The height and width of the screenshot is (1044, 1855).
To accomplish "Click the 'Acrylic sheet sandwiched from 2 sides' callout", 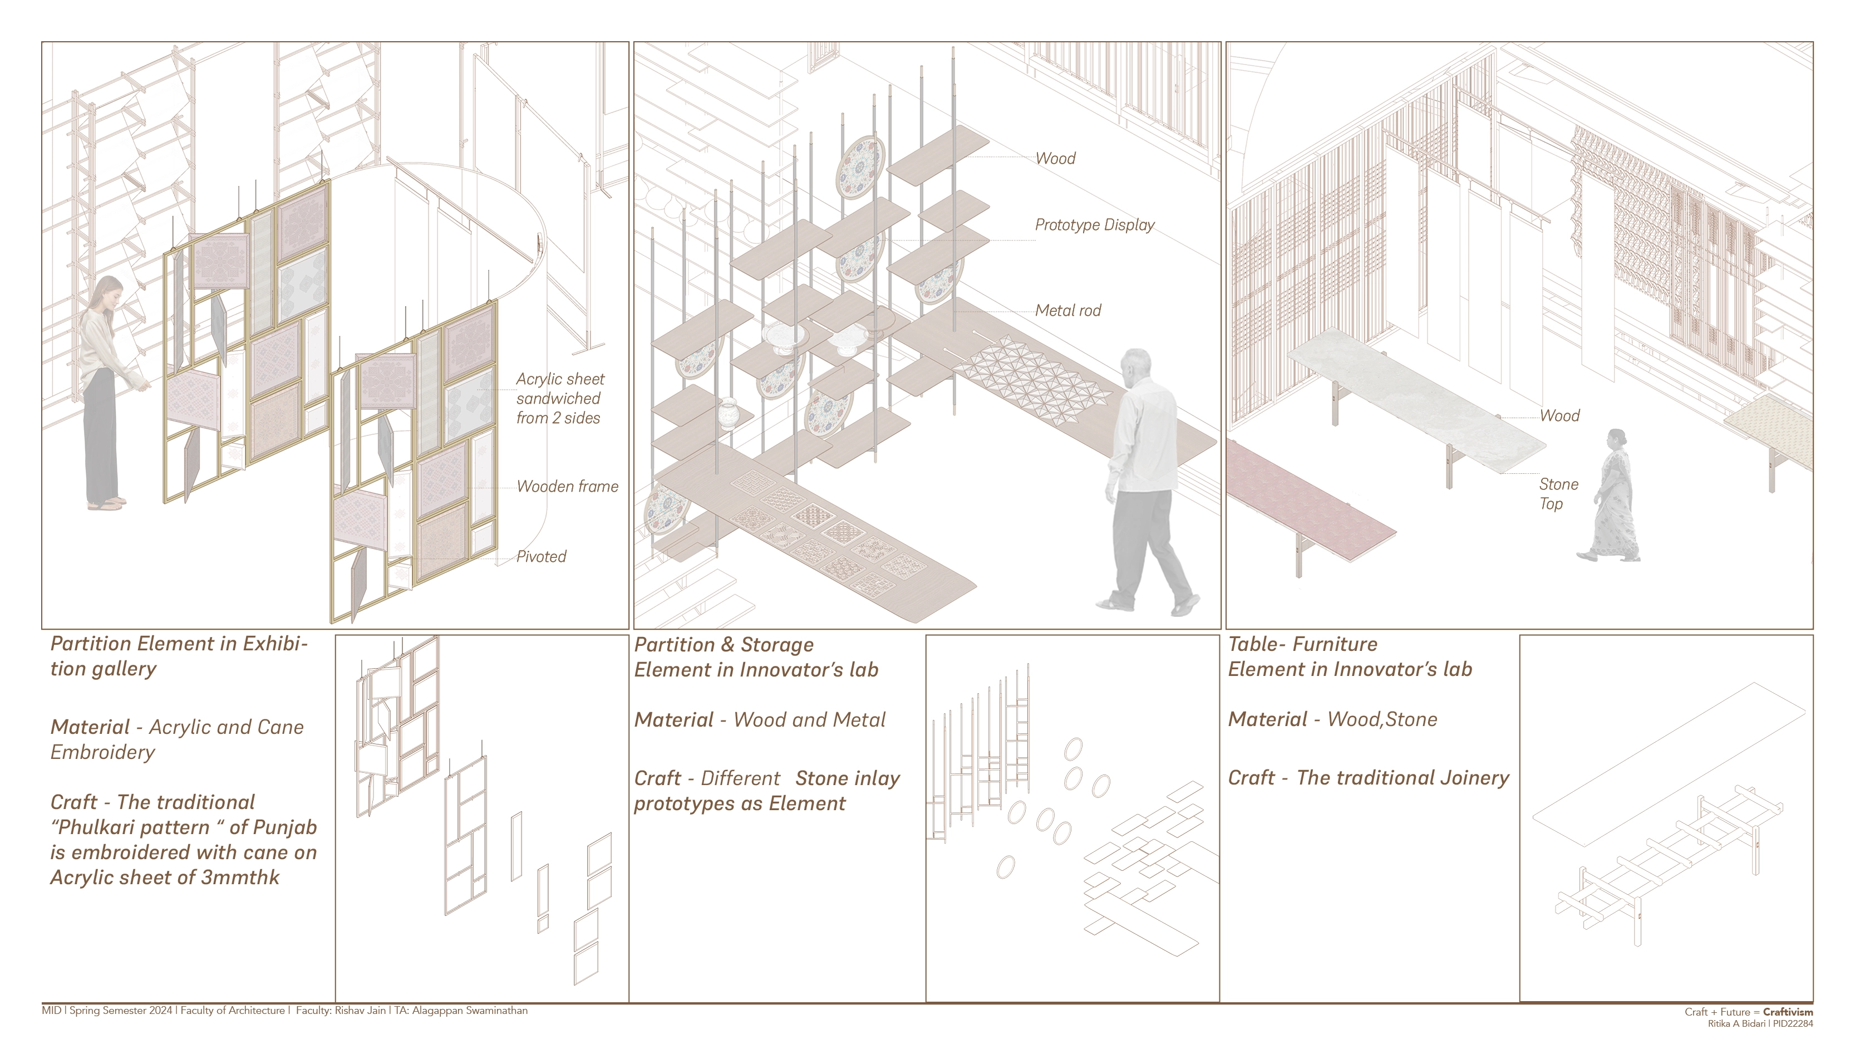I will [x=559, y=399].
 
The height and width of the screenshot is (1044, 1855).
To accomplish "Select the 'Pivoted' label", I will [x=541, y=556].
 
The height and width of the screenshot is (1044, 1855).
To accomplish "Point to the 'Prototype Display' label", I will [x=1094, y=225].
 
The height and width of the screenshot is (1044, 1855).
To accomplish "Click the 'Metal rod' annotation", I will [x=1068, y=311].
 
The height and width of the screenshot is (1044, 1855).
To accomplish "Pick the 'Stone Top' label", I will [x=1558, y=493].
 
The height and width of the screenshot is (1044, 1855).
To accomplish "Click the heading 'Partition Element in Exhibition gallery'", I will [x=179, y=656].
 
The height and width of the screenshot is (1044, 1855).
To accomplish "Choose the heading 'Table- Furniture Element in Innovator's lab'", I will [x=1350, y=656].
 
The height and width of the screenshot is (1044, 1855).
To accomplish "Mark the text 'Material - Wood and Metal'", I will [x=760, y=720].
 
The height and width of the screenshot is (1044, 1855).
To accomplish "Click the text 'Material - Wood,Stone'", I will [x=1332, y=719].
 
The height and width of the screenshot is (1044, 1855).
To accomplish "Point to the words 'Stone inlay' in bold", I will [x=848, y=778].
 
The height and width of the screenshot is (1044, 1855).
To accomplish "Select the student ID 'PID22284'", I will [x=1793, y=1023].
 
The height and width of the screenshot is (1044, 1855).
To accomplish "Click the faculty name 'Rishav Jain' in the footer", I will [x=360, y=1010].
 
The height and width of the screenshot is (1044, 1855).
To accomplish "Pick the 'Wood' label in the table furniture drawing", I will [x=1559, y=416].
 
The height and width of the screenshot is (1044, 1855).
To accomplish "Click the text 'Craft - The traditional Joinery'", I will [x=1368, y=777].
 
